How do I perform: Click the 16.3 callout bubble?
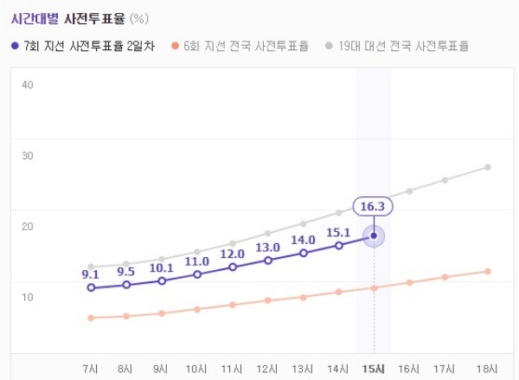tap(374, 206)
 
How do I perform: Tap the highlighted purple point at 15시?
tap(374, 235)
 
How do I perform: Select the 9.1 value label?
tap(91, 274)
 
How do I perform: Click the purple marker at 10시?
tap(197, 274)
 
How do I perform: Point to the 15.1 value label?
tap(338, 232)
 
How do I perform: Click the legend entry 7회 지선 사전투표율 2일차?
tap(83, 45)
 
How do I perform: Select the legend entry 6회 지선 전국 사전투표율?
tap(240, 45)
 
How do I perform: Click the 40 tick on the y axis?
tap(27, 85)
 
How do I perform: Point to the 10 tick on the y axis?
tap(27, 298)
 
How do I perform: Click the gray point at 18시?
tap(488, 167)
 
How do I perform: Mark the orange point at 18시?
tap(488, 272)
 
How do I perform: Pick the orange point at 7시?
tap(91, 318)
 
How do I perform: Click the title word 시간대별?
tap(36, 16)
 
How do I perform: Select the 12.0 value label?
tap(232, 254)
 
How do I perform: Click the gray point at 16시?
tap(409, 190)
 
